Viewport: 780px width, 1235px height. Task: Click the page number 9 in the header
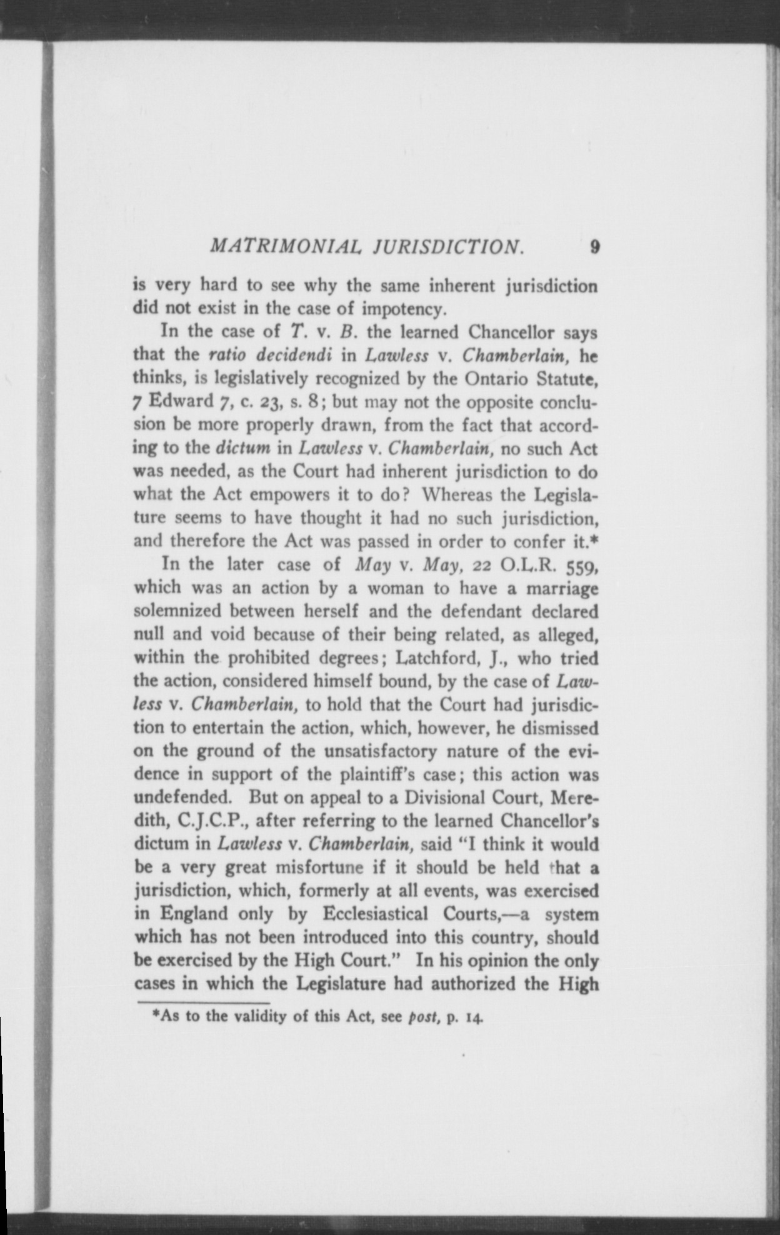[594, 247]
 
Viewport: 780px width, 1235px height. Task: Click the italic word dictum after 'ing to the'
[242, 449]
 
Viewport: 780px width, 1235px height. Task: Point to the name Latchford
[437, 658]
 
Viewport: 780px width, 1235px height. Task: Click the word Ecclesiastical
[375, 914]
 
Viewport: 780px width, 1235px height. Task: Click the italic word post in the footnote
[421, 1016]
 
